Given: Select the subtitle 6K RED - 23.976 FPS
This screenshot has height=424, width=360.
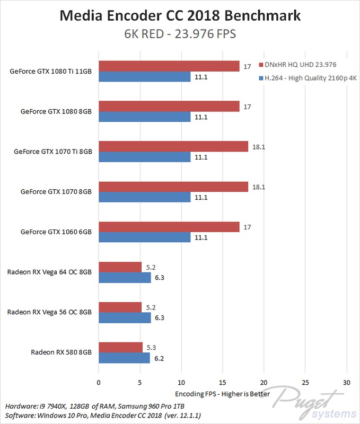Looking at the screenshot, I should click(180, 34).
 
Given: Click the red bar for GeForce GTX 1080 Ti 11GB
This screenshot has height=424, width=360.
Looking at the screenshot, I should click(169, 66).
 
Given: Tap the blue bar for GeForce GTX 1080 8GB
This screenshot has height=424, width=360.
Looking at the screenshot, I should click(144, 117).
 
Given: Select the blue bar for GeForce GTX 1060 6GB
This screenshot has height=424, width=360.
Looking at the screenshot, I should click(144, 238).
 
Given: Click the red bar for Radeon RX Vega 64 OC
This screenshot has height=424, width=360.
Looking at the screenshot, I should click(120, 267).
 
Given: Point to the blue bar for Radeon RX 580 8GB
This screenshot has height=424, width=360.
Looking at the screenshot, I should click(124, 358).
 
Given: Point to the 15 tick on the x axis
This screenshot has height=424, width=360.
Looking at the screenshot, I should click(223, 382).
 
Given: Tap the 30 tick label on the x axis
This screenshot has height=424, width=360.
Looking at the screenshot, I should click(346, 382).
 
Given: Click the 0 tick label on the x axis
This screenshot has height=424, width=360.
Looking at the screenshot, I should click(99, 382).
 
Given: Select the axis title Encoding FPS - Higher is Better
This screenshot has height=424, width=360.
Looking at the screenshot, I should click(222, 394).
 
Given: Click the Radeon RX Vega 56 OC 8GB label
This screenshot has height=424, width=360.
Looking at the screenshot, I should click(49, 312).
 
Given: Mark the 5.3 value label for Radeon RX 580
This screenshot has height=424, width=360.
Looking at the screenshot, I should click(151, 348).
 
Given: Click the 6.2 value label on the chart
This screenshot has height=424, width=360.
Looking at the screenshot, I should click(159, 358).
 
